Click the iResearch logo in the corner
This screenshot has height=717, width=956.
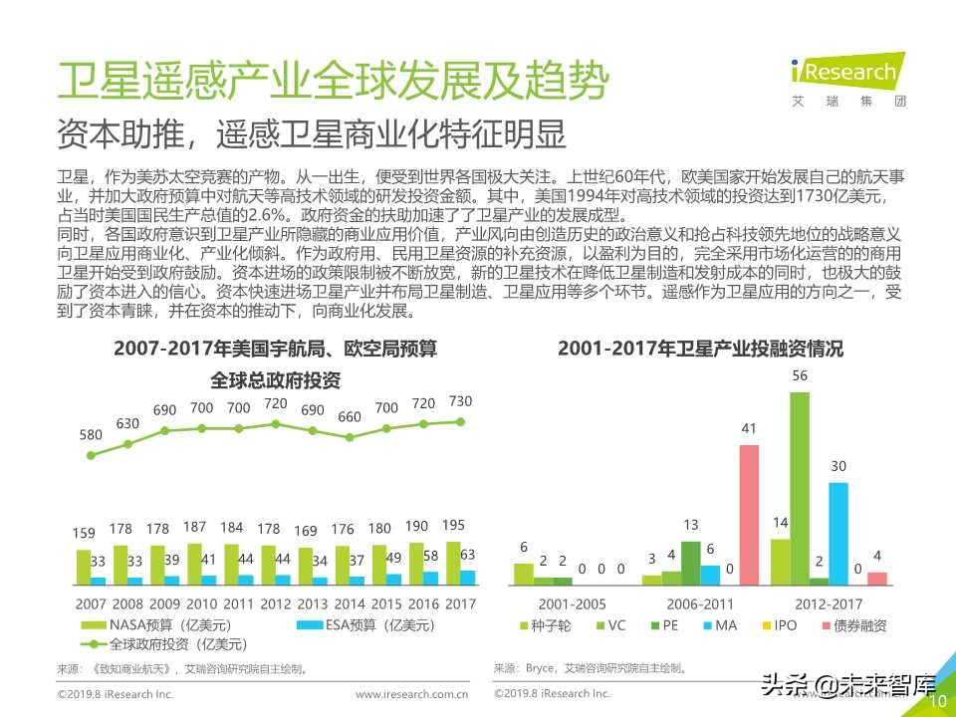843,78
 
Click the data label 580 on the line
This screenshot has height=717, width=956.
92,435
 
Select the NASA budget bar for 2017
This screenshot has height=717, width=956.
453,563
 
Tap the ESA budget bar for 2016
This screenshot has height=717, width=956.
429,578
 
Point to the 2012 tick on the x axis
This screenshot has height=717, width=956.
275,603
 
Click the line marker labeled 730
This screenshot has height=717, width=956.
460,421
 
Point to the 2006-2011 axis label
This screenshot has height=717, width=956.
700,603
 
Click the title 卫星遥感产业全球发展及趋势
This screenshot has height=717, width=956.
332,81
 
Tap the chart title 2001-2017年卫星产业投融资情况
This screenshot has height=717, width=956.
700,349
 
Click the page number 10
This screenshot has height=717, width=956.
937,701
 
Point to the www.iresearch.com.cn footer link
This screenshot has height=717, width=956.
412,694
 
